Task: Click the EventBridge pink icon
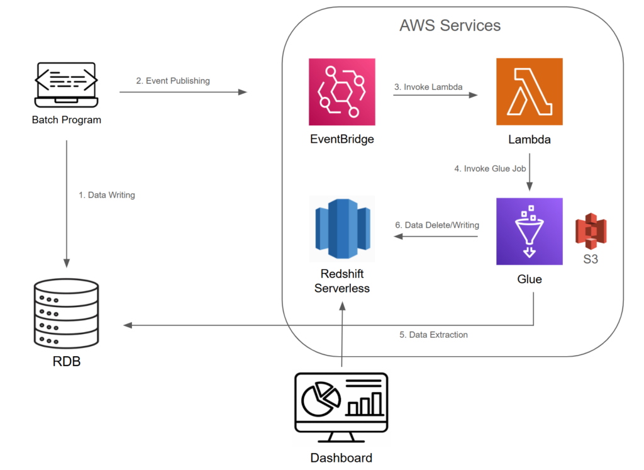coord(341,92)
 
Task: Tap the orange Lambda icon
coord(529,92)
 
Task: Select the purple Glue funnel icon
coord(529,232)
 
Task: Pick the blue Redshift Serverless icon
coord(341,228)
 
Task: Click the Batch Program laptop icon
coord(66,86)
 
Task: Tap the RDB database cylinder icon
coord(67,315)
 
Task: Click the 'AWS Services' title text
coord(450,26)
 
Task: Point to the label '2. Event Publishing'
coord(173,81)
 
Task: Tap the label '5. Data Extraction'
coord(433,335)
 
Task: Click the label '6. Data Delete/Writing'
coord(437,225)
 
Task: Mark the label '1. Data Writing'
coord(107,195)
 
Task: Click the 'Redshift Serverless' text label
coord(341,281)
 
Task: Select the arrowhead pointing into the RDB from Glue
coord(128,325)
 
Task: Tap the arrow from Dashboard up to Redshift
coord(341,340)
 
